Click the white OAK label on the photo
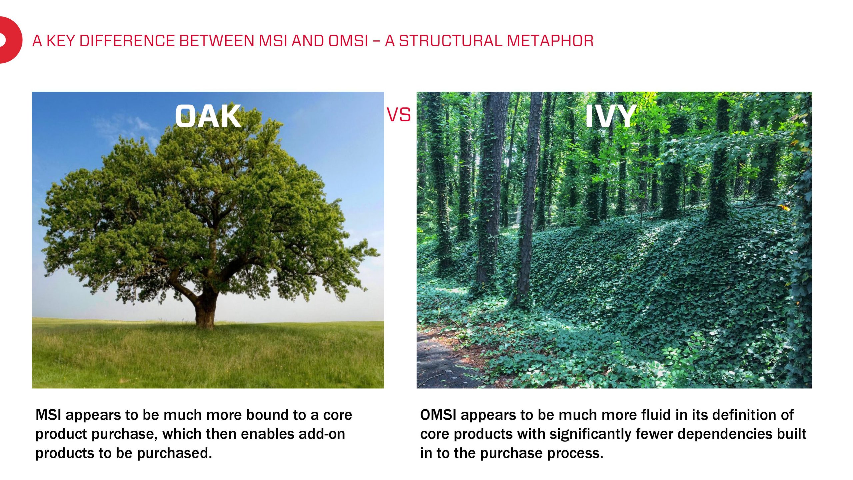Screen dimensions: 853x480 click(208, 116)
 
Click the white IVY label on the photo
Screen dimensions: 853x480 click(610, 116)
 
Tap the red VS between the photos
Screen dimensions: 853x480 click(399, 115)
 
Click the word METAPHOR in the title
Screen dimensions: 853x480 click(550, 41)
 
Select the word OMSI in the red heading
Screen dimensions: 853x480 click(348, 41)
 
